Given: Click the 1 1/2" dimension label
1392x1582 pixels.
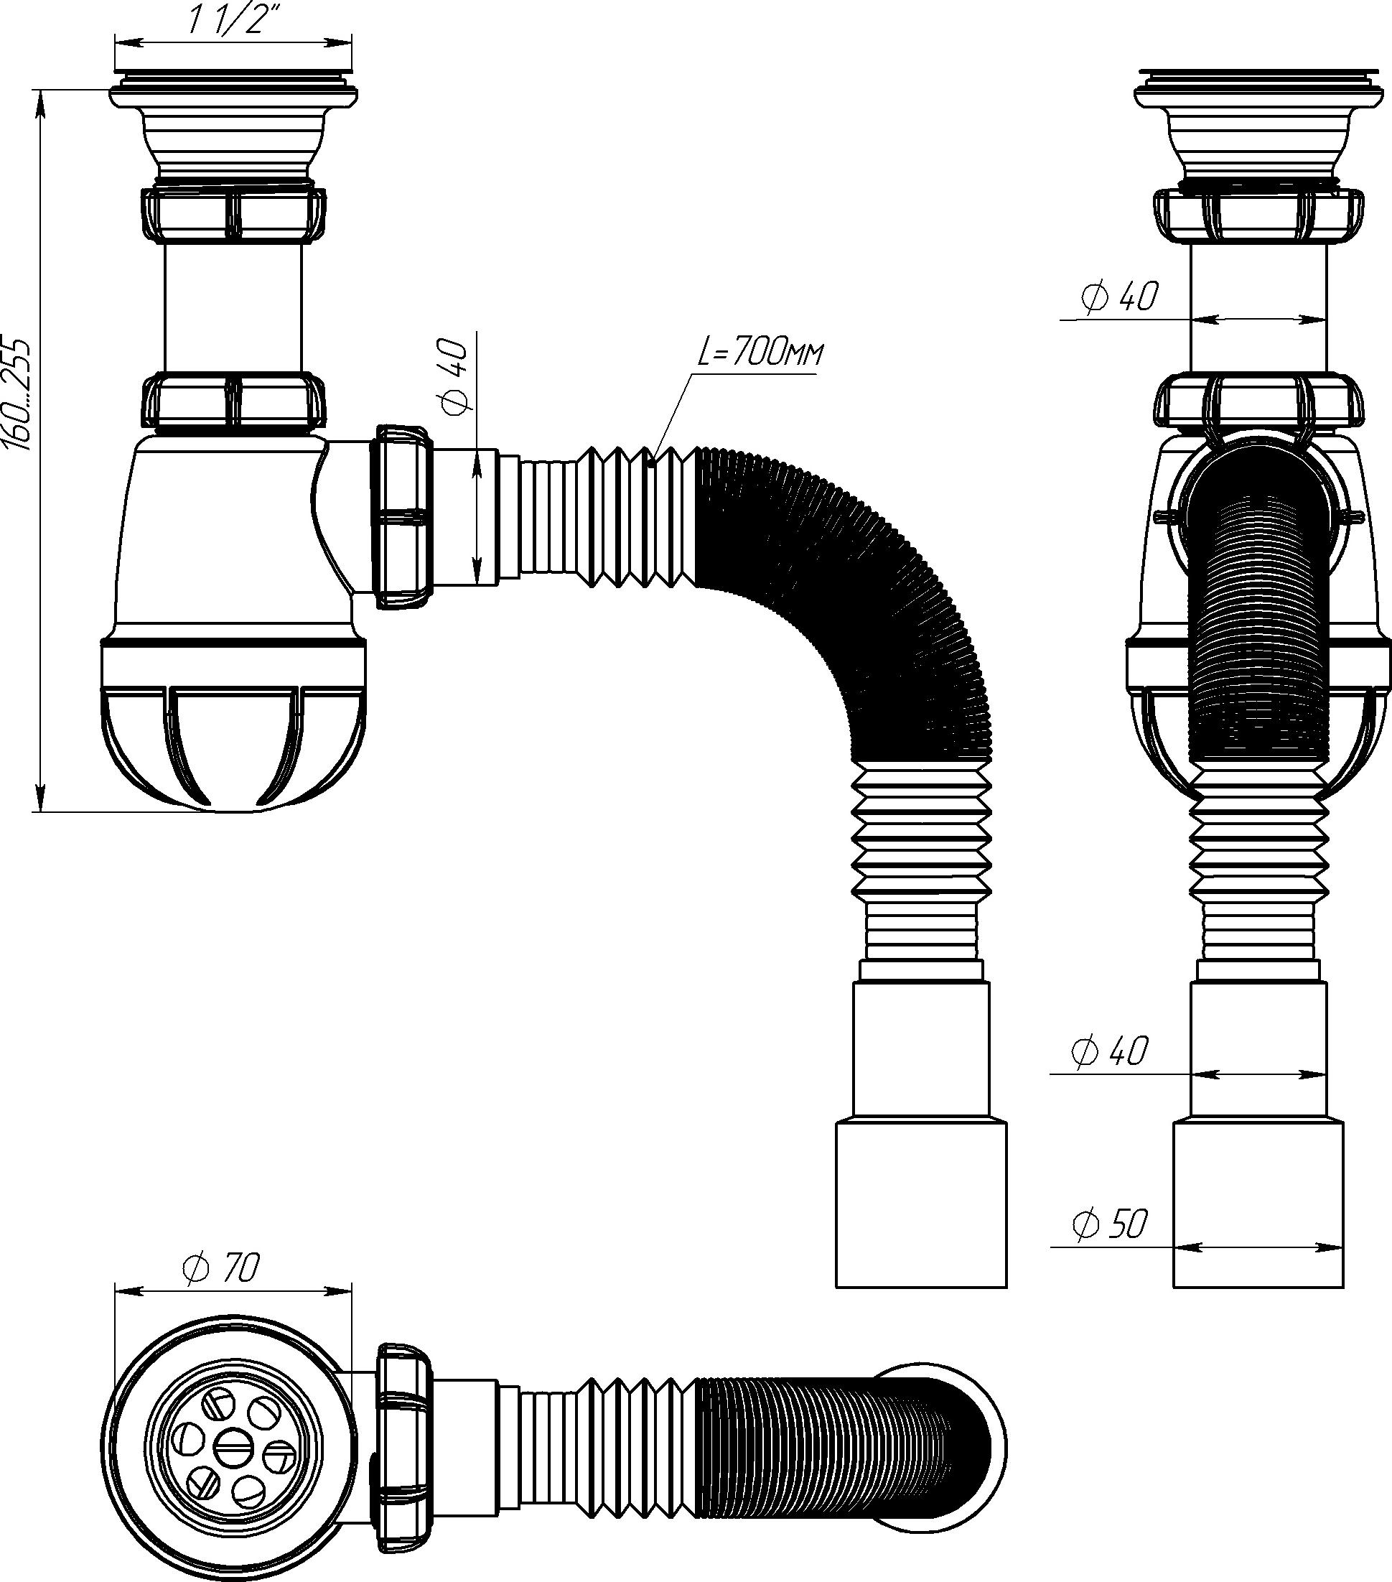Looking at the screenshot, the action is [x=223, y=22].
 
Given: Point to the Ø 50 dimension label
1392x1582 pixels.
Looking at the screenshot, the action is [x=1109, y=1224].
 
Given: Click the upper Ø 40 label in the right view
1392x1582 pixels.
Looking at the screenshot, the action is [x=1121, y=297].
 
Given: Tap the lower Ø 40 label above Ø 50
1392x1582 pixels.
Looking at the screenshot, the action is [x=1109, y=1051].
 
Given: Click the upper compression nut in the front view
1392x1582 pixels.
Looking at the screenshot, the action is [x=233, y=213].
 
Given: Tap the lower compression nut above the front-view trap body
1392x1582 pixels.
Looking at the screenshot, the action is [x=233, y=399].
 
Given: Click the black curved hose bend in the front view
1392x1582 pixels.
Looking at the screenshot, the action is [x=867, y=588].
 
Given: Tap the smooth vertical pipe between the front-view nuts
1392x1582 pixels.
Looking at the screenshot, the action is [x=233, y=307].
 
